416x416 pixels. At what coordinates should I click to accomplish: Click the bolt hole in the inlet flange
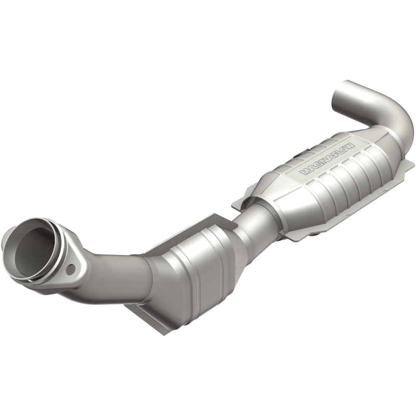(71, 268)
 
